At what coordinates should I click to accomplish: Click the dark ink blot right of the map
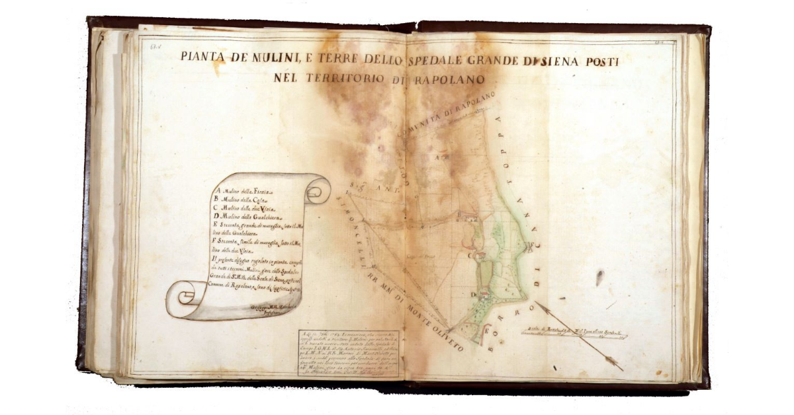pyautogui.click(x=600, y=277)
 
